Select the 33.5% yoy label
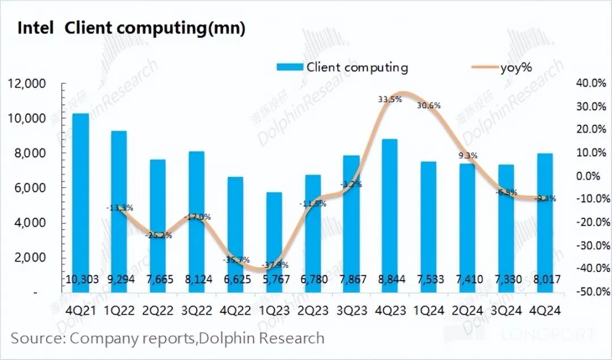(x=389, y=99)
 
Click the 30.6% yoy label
(x=428, y=105)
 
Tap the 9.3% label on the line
(x=467, y=155)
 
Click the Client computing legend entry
(x=342, y=67)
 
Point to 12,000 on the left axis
(x=27, y=84)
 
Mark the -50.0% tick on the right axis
(x=591, y=291)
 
